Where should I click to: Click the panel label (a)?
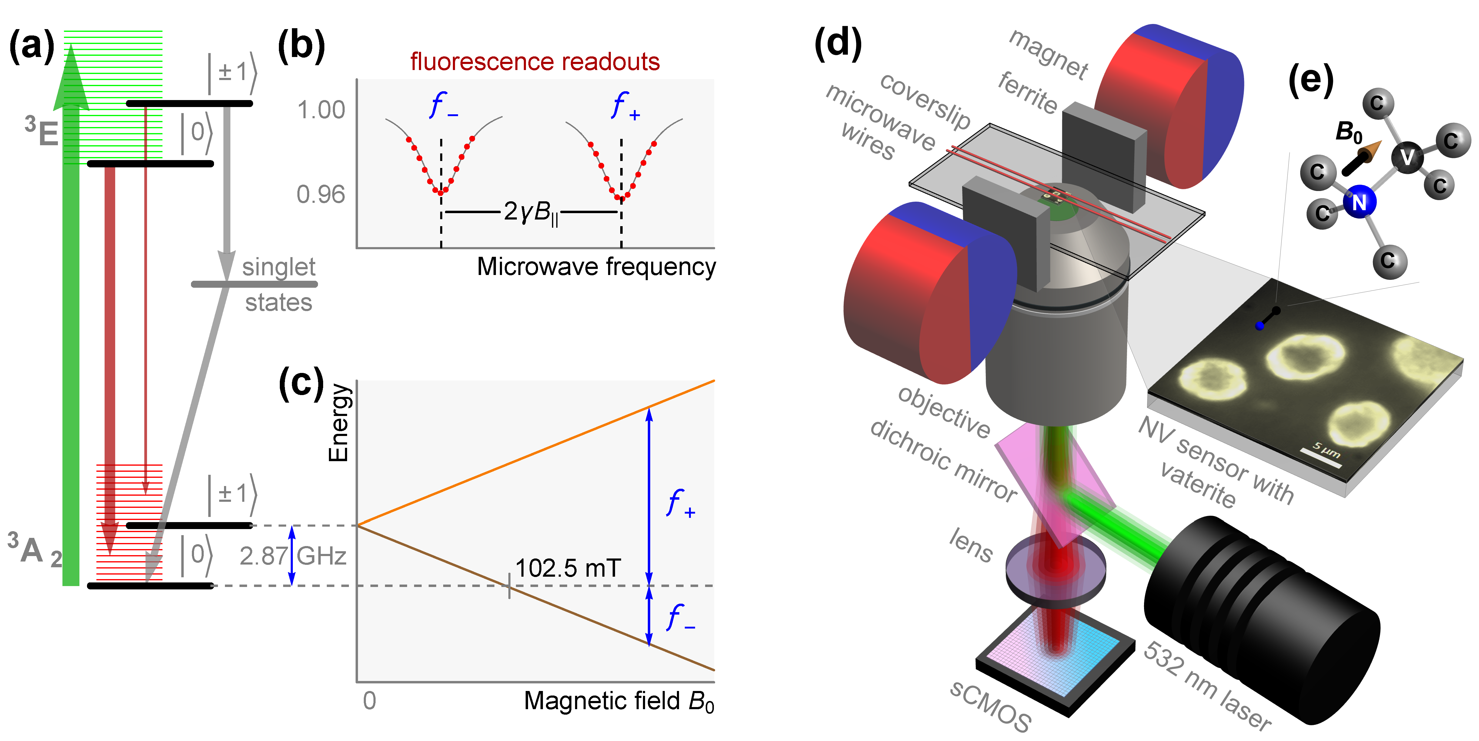(32, 46)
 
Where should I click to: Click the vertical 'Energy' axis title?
(338, 422)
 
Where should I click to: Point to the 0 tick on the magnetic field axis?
(369, 701)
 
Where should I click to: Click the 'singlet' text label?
(279, 267)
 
